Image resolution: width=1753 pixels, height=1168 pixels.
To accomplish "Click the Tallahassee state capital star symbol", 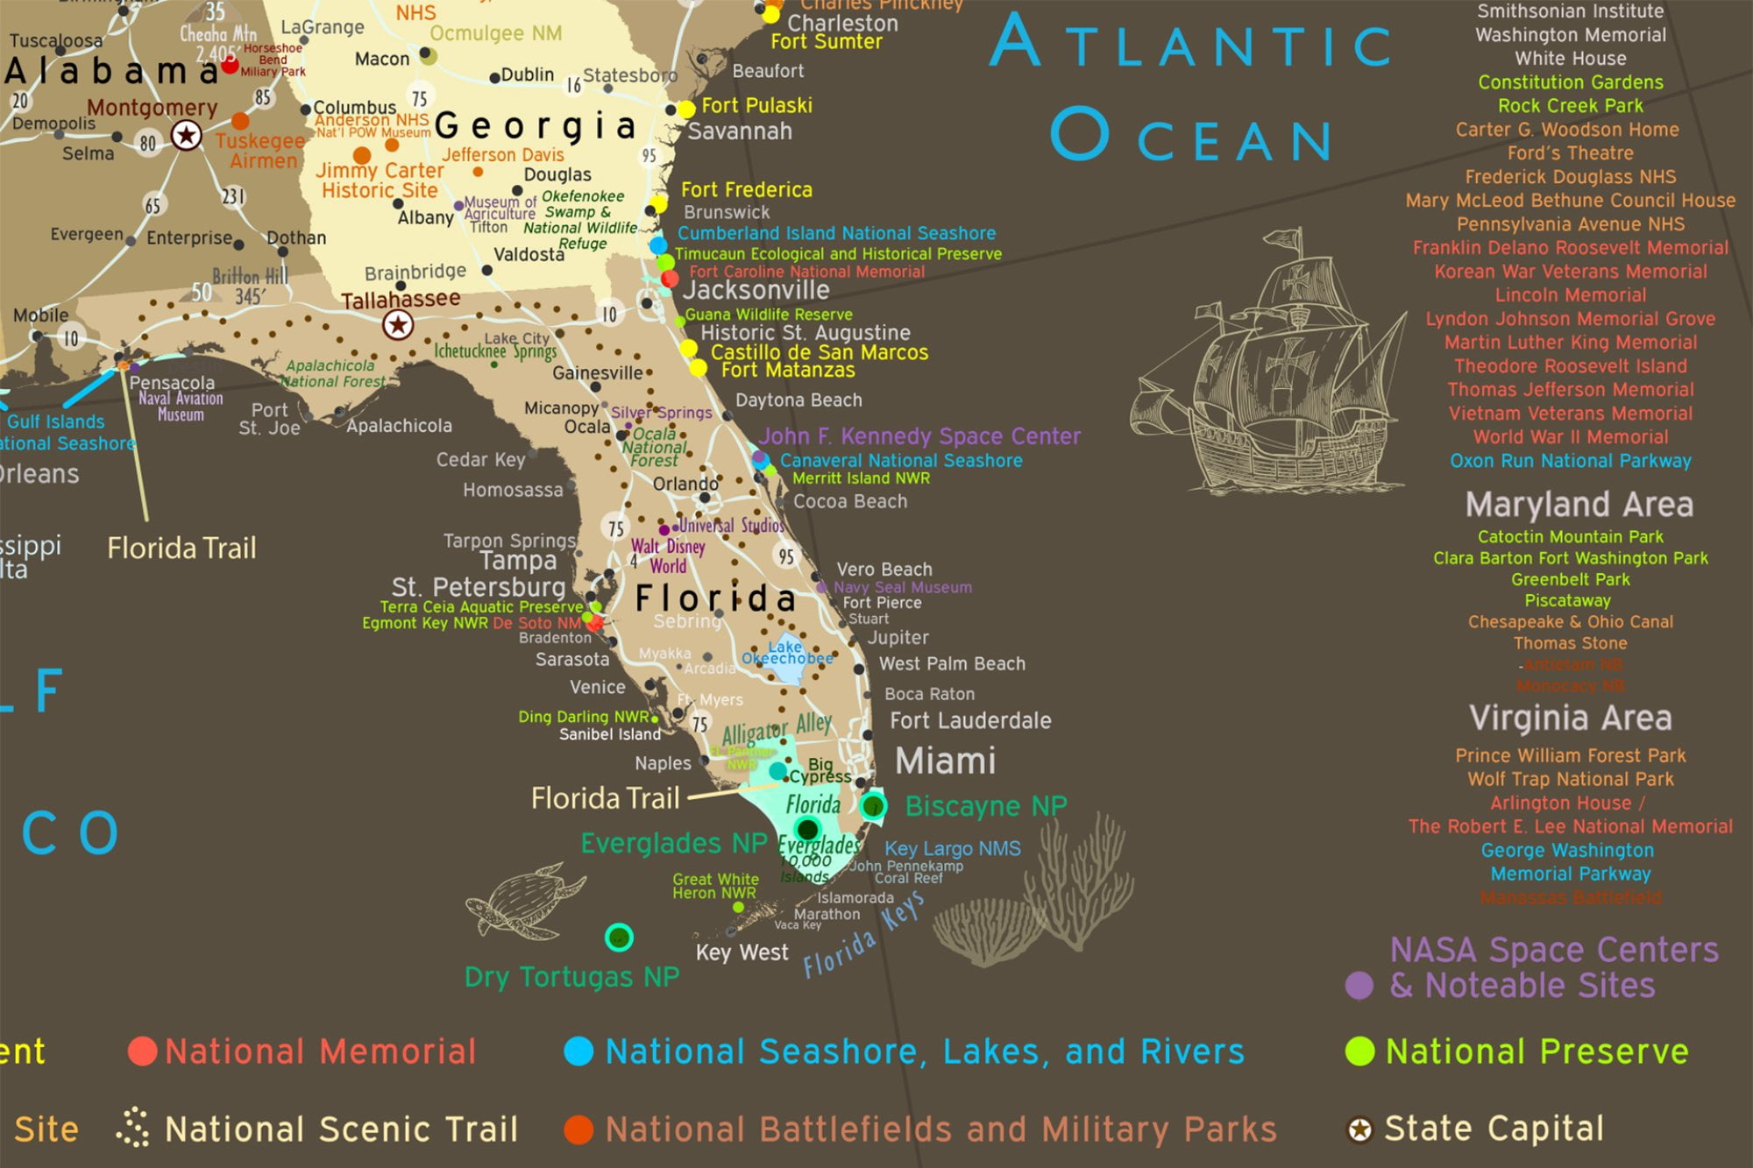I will [398, 325].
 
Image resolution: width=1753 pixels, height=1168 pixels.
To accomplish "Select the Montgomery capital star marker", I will [186, 136].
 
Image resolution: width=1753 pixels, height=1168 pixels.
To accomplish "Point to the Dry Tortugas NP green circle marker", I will [619, 938].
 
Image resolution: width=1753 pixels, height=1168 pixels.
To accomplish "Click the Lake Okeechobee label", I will [786, 653].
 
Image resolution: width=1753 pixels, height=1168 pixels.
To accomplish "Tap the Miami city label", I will [945, 761].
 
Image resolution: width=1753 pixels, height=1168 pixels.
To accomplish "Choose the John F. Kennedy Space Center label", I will [919, 436].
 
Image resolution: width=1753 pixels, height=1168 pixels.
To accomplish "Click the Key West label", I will [742, 952].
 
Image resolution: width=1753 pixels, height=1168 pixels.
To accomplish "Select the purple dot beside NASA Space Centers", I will [1359, 985].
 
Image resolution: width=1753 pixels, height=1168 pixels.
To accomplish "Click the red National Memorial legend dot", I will [142, 1051].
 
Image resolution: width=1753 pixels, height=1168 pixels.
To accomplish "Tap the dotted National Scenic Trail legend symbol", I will [132, 1129].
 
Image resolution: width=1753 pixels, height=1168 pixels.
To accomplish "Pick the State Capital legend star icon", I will [1359, 1129].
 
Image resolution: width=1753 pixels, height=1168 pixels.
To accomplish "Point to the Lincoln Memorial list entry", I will [1570, 295].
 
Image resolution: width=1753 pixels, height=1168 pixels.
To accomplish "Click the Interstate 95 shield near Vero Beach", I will [786, 556].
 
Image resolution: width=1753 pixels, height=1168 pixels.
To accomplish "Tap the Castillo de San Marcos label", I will [819, 352].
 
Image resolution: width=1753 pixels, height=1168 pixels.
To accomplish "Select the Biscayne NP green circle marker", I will [873, 805].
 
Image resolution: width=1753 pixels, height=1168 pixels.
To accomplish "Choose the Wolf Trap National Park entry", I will [1570, 779].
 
